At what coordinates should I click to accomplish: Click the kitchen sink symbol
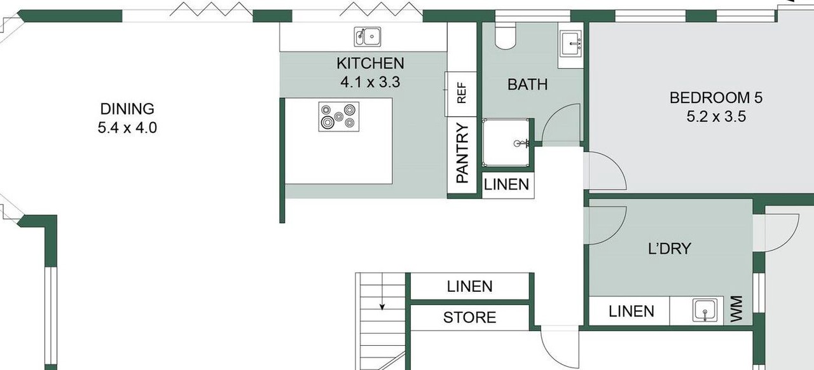click(x=368, y=37)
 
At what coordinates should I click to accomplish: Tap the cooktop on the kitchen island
click(x=339, y=117)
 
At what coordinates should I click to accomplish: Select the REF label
click(x=461, y=93)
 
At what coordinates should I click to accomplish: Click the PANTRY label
click(x=462, y=153)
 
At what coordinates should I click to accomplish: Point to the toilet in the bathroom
click(x=506, y=35)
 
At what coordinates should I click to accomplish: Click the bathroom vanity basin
click(x=571, y=44)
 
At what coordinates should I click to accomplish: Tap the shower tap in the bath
click(x=521, y=144)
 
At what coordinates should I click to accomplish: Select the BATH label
click(x=527, y=85)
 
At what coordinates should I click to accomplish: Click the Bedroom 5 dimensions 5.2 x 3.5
click(x=716, y=117)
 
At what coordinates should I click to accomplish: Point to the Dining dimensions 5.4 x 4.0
click(x=127, y=128)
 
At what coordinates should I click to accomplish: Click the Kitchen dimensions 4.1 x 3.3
click(x=370, y=82)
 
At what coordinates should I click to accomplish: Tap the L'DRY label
click(x=670, y=249)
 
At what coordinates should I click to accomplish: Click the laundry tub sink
click(x=705, y=310)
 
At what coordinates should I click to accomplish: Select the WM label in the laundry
click(x=736, y=309)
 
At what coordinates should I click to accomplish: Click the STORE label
click(x=469, y=318)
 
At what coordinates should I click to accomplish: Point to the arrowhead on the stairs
click(x=382, y=307)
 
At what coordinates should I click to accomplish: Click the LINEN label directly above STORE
click(x=469, y=287)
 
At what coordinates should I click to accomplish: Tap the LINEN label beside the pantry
click(x=506, y=184)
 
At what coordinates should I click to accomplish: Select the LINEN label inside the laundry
click(x=631, y=312)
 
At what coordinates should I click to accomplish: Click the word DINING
click(x=127, y=109)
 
